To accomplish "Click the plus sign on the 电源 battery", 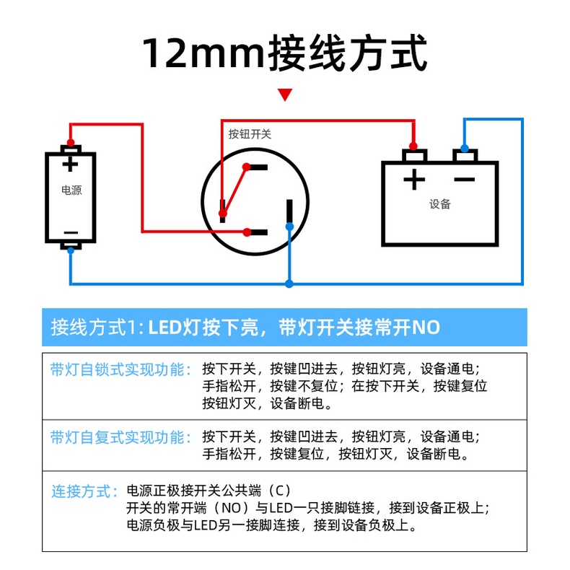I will pos(70,164).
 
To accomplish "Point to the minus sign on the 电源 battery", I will pos(71,232).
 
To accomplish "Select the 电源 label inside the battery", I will pos(71,191).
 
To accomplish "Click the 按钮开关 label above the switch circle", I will pos(250,133).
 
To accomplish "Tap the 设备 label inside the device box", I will pos(439,204).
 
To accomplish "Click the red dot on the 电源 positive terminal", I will pos(71,142).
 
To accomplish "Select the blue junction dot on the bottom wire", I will pos(289,284).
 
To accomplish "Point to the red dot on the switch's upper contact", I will pos(246,167).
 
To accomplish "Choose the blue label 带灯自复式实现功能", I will pos(120,437).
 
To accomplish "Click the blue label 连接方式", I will pos(84,492).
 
